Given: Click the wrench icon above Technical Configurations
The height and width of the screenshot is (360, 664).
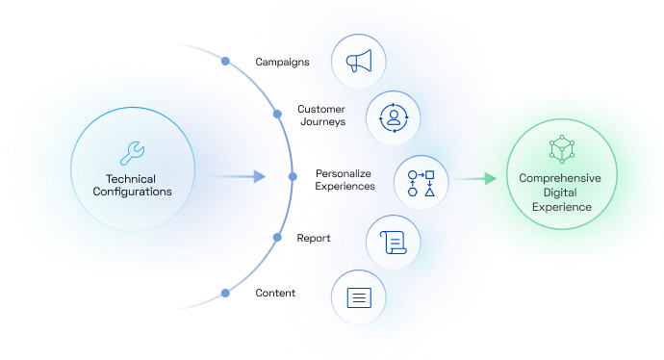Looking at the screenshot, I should [133, 151].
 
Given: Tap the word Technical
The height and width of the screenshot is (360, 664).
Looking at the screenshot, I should [133, 177].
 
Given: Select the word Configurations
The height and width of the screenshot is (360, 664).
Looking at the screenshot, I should [133, 192].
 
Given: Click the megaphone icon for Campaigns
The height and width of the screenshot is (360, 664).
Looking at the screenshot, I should [358, 63].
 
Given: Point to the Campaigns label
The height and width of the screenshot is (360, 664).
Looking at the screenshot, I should [283, 62].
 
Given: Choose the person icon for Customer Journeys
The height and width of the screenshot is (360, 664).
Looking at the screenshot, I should [394, 118].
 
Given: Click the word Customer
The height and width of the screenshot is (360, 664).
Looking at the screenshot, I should [321, 109].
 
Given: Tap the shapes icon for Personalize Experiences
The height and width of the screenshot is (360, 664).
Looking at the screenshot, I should [421, 182].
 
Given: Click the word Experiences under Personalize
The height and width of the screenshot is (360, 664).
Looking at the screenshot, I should [345, 186].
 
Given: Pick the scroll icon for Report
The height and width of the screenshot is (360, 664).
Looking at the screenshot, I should [394, 241].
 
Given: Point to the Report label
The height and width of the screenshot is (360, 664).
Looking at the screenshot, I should [315, 237].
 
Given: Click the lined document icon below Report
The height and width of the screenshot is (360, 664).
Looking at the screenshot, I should [358, 296].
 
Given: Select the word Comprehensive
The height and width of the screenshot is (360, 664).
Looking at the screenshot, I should [560, 178].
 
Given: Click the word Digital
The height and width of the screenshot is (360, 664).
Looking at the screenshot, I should [560, 193].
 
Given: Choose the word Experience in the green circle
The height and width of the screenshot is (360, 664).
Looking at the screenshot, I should [560, 207].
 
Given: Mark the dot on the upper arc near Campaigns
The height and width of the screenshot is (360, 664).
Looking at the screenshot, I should [225, 62].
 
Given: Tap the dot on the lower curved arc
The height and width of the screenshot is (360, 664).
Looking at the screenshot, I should [225, 294].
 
